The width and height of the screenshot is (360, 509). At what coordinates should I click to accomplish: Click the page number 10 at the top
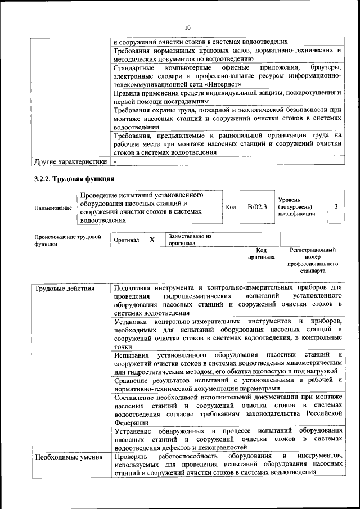click(x=187, y=27)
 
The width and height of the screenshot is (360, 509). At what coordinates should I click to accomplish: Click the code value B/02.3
click(x=257, y=207)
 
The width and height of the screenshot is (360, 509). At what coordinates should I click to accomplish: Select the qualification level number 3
click(x=336, y=206)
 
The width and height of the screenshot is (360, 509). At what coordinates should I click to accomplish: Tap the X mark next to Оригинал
click(x=152, y=240)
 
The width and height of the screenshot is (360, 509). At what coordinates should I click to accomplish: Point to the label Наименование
click(x=53, y=208)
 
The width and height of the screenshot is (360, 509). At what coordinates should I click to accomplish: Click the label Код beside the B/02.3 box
click(x=231, y=207)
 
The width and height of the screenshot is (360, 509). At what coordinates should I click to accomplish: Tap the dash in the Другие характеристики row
click(x=115, y=161)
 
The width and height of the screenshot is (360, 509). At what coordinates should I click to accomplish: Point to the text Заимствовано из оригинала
click(x=190, y=240)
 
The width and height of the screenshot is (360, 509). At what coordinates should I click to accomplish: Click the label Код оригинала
click(x=261, y=254)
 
